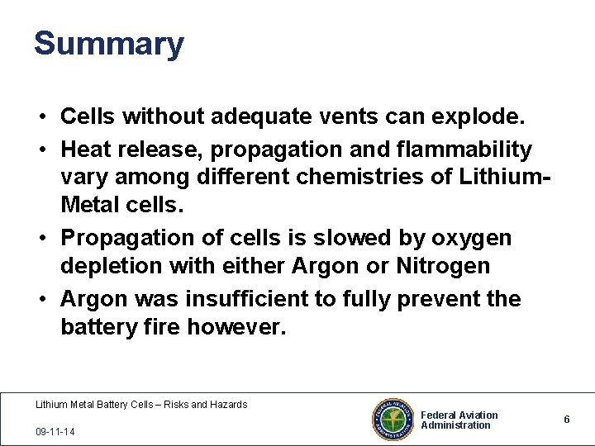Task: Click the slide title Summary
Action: [x=108, y=44]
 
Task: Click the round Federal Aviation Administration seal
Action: [x=393, y=420]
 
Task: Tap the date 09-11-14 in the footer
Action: [x=55, y=431]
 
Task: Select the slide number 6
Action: [x=567, y=420]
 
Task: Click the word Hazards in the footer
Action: [x=227, y=405]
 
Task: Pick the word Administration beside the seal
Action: [x=455, y=425]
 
